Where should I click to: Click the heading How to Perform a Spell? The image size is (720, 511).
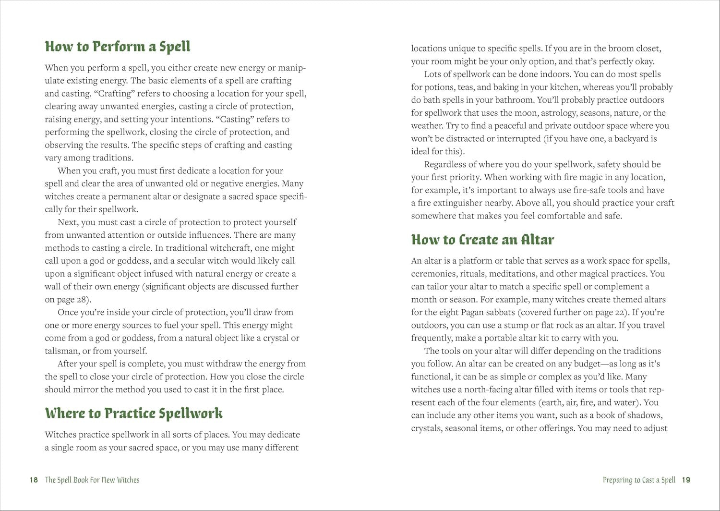[x=118, y=47]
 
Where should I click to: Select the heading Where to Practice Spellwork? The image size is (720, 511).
[x=133, y=414]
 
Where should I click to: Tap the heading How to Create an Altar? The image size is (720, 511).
[x=482, y=240]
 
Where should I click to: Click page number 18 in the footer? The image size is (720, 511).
[x=34, y=480]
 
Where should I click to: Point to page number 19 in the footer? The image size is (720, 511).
[x=686, y=480]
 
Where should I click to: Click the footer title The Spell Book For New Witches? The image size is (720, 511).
[x=92, y=480]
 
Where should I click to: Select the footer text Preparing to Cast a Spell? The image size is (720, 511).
[x=639, y=480]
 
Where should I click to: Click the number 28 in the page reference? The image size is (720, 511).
[x=82, y=300]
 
